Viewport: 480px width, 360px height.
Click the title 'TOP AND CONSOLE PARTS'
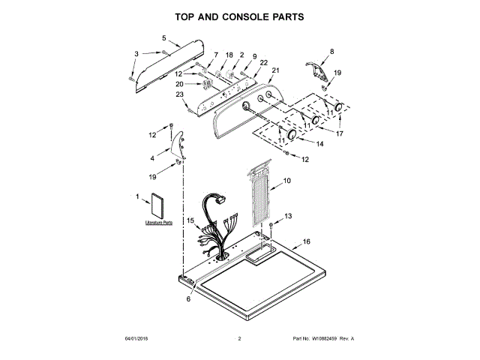coord(239,16)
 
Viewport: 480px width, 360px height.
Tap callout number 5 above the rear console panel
coord(164,37)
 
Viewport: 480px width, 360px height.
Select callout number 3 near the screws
coord(136,53)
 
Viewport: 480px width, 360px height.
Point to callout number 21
coord(275,70)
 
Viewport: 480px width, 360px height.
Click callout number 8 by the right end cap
coord(332,51)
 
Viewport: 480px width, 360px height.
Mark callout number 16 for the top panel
coord(305,241)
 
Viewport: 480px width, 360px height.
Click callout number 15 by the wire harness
coord(190,220)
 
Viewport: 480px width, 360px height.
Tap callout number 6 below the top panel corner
coord(188,299)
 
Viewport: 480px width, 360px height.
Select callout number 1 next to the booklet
coord(138,196)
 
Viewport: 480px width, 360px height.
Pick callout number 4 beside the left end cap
coord(153,158)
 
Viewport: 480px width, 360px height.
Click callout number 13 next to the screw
coord(288,216)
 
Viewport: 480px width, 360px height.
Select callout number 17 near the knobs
coord(339,134)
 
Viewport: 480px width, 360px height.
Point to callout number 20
coord(179,84)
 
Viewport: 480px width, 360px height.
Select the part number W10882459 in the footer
coord(330,339)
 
